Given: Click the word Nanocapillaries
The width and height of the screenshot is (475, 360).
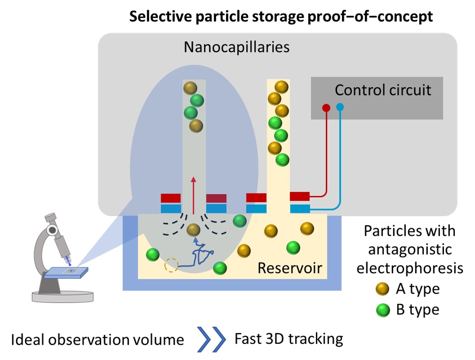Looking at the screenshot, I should click(x=237, y=47).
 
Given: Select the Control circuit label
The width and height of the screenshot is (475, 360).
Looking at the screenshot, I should click(x=383, y=90).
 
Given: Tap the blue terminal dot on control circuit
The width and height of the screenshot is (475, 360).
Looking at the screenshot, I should click(x=340, y=107).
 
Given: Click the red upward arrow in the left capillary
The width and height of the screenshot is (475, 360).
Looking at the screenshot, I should click(x=193, y=195).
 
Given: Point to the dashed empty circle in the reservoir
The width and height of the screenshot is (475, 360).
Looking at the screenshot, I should click(x=171, y=265).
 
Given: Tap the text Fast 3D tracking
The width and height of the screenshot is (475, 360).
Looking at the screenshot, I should click(x=289, y=339).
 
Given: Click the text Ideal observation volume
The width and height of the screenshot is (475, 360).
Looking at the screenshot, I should click(x=97, y=340).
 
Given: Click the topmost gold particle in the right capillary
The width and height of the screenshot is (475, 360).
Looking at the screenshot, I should click(x=281, y=87).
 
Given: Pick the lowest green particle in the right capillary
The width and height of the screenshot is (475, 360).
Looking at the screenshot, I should click(x=282, y=159).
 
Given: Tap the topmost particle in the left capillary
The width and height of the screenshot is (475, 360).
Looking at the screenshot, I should click(x=190, y=88).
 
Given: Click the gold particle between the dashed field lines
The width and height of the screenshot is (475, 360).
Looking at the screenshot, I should click(x=193, y=230).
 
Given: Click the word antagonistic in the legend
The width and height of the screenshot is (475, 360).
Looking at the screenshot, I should click(x=409, y=249).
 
